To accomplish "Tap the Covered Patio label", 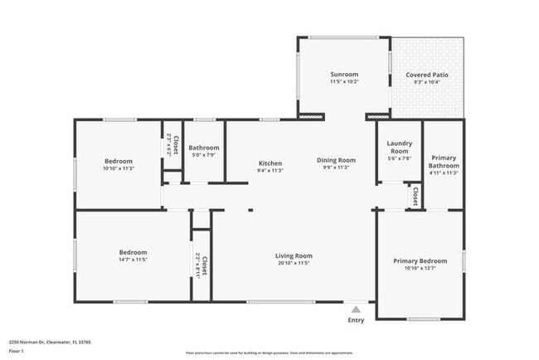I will pos(427,75).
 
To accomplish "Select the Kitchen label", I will pos(270,163).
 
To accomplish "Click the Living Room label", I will pos(294,255).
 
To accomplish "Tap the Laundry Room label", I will pos(399,148).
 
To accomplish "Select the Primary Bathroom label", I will pos(444,161).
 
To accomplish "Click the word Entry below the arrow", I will pos(356,320).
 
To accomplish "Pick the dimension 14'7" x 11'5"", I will pos(133,260).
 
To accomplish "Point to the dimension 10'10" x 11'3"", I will pos(119,168).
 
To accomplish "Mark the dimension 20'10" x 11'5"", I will pos(294,263).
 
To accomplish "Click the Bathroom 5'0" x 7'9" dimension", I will pos(204,154).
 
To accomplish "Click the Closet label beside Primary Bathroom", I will pos(415,196).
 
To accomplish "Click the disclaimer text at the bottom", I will pos(269,353).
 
